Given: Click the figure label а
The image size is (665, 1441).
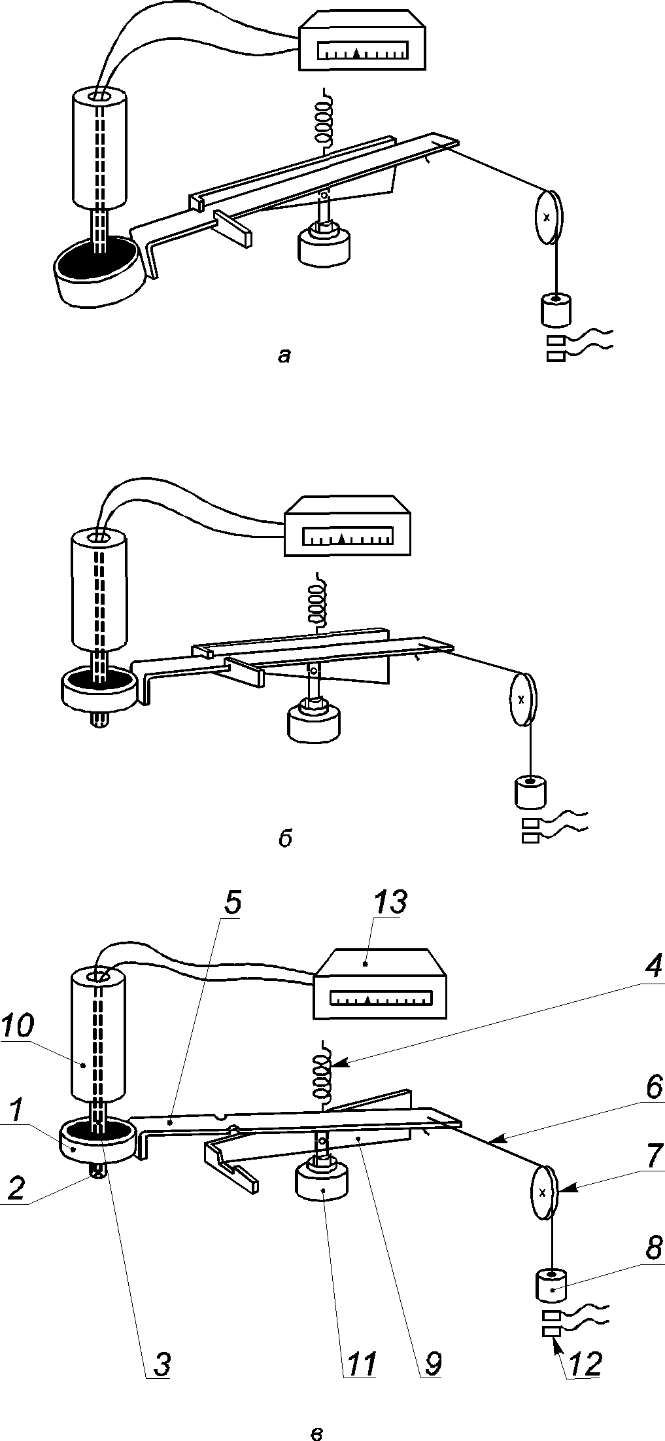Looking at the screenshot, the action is click(284, 355).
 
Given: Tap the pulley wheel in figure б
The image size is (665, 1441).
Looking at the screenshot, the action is click(522, 699).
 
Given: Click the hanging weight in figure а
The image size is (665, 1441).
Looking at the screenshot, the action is click(555, 310).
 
